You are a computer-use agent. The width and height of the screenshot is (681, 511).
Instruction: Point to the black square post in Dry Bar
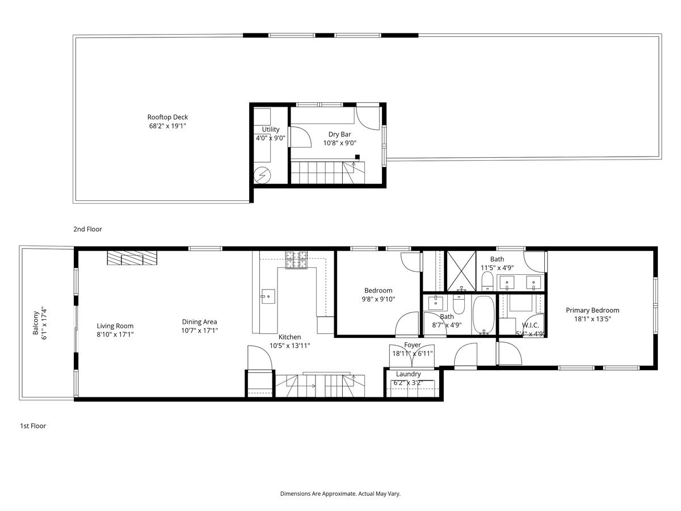pyautogui.click(x=358, y=157)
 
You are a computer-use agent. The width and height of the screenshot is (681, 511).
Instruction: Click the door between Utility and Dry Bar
pyautogui.click(x=299, y=137)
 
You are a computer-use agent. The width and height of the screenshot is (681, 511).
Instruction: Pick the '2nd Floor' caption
pyautogui.click(x=87, y=229)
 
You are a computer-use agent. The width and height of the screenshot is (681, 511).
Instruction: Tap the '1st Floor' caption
pyautogui.click(x=32, y=426)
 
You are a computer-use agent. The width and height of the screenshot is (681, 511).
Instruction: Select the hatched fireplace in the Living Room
pyautogui.click(x=133, y=258)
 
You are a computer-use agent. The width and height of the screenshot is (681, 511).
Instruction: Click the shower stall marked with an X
pyautogui.click(x=460, y=270)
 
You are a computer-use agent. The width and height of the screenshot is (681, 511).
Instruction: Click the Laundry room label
pyautogui.click(x=408, y=374)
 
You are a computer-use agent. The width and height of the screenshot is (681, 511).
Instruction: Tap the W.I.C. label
pyautogui.click(x=530, y=325)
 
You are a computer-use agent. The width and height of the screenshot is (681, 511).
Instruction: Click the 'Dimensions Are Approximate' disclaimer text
pyautogui.click(x=340, y=494)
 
